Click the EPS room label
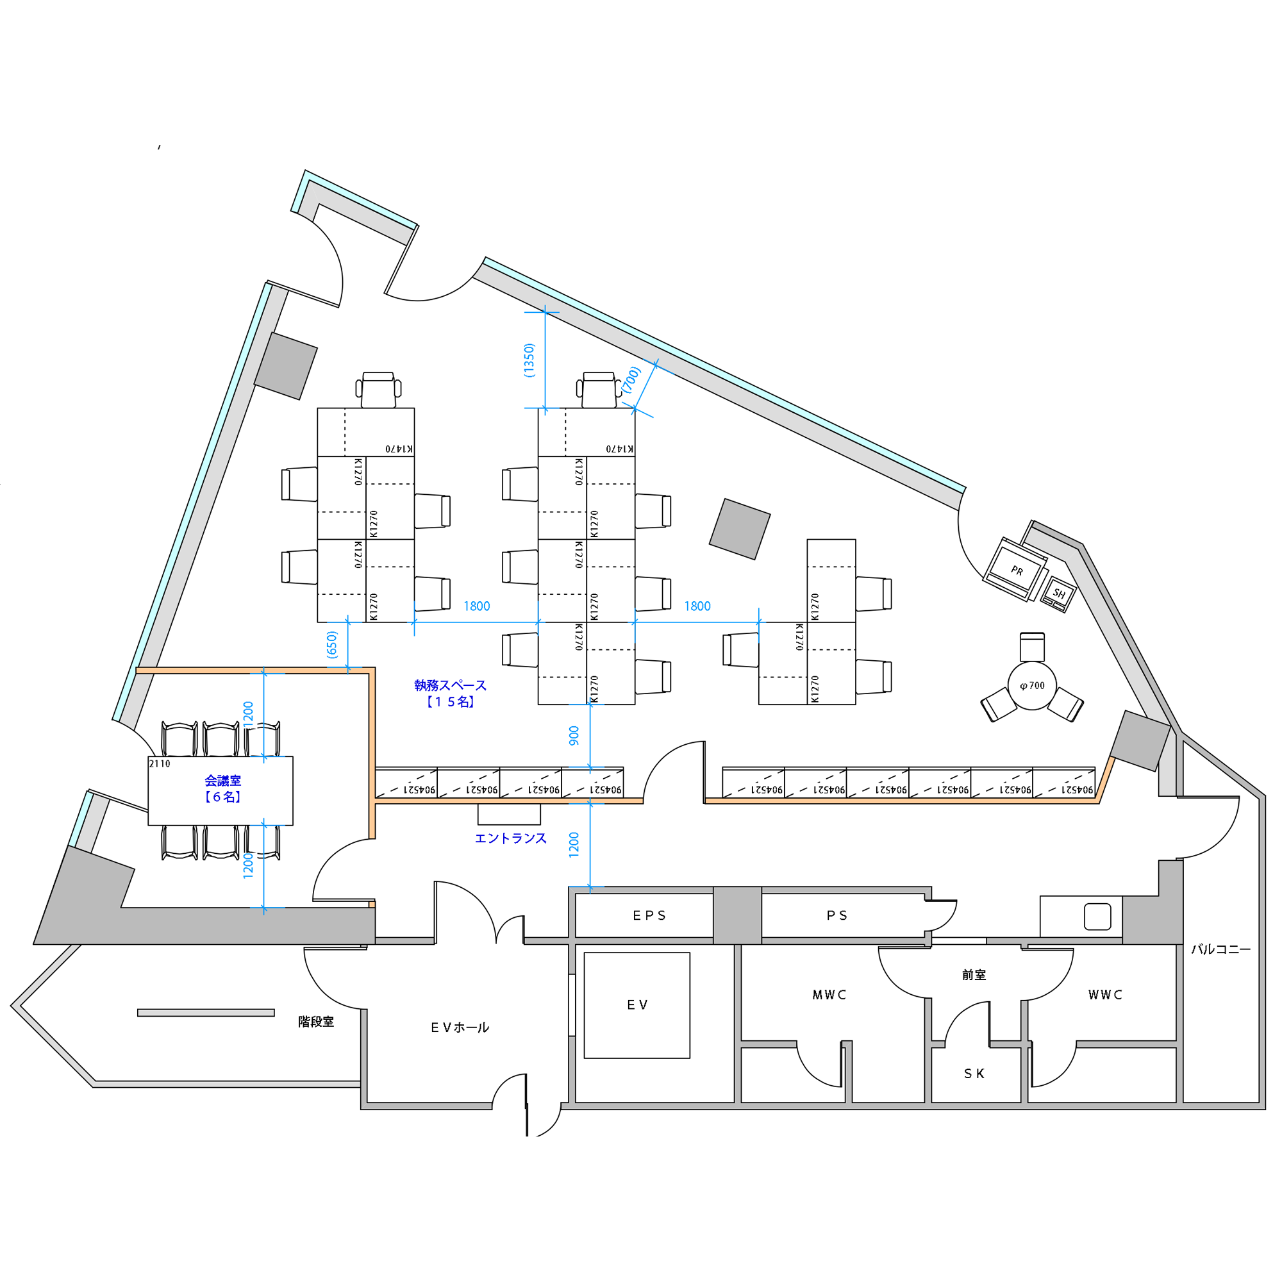[649, 916]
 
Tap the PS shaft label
[837, 916]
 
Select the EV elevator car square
[637, 1005]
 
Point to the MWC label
[829, 995]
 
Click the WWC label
[1105, 995]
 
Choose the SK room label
[974, 1074]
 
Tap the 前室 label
[974, 975]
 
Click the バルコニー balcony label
[1221, 949]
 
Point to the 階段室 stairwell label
[316, 1022]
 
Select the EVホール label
[460, 1028]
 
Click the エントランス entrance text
[510, 838]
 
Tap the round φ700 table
[1032, 685]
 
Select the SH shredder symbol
[1058, 594]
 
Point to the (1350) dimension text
[529, 360]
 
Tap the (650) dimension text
[332, 644]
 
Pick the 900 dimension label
[574, 735]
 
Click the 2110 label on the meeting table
[159, 764]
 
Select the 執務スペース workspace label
[450, 685]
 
